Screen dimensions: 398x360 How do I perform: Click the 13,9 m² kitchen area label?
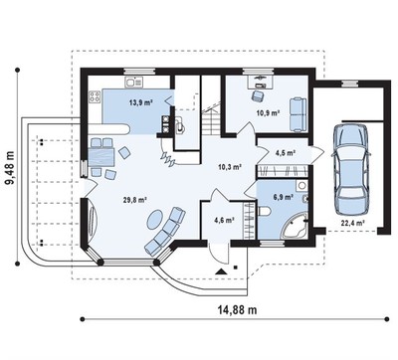pos(140,102)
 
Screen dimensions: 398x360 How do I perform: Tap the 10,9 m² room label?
pos(268,112)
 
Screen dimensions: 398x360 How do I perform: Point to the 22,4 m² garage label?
pos(353,223)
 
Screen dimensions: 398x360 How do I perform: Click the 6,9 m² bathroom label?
pos(284,197)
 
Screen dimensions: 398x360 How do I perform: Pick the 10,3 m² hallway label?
pos(229,167)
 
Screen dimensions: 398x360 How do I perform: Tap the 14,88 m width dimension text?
pos(237,310)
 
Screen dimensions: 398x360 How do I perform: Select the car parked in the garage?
pos(351,169)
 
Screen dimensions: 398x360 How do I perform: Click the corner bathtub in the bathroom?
pos(296,226)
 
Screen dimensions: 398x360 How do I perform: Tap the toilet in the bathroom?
pos(264,210)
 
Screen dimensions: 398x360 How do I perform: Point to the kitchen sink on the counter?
pos(133,82)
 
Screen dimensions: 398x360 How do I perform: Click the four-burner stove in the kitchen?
pos(95,96)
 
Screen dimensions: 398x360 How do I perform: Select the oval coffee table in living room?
pos(155,219)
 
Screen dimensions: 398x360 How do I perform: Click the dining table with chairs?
pos(100,156)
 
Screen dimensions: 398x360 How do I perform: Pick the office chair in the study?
pos(258,95)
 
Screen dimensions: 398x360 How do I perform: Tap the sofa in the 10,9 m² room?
pos(298,114)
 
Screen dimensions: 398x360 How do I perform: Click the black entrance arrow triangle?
pos(221,272)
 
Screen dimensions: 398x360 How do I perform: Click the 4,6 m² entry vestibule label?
pos(225,219)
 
